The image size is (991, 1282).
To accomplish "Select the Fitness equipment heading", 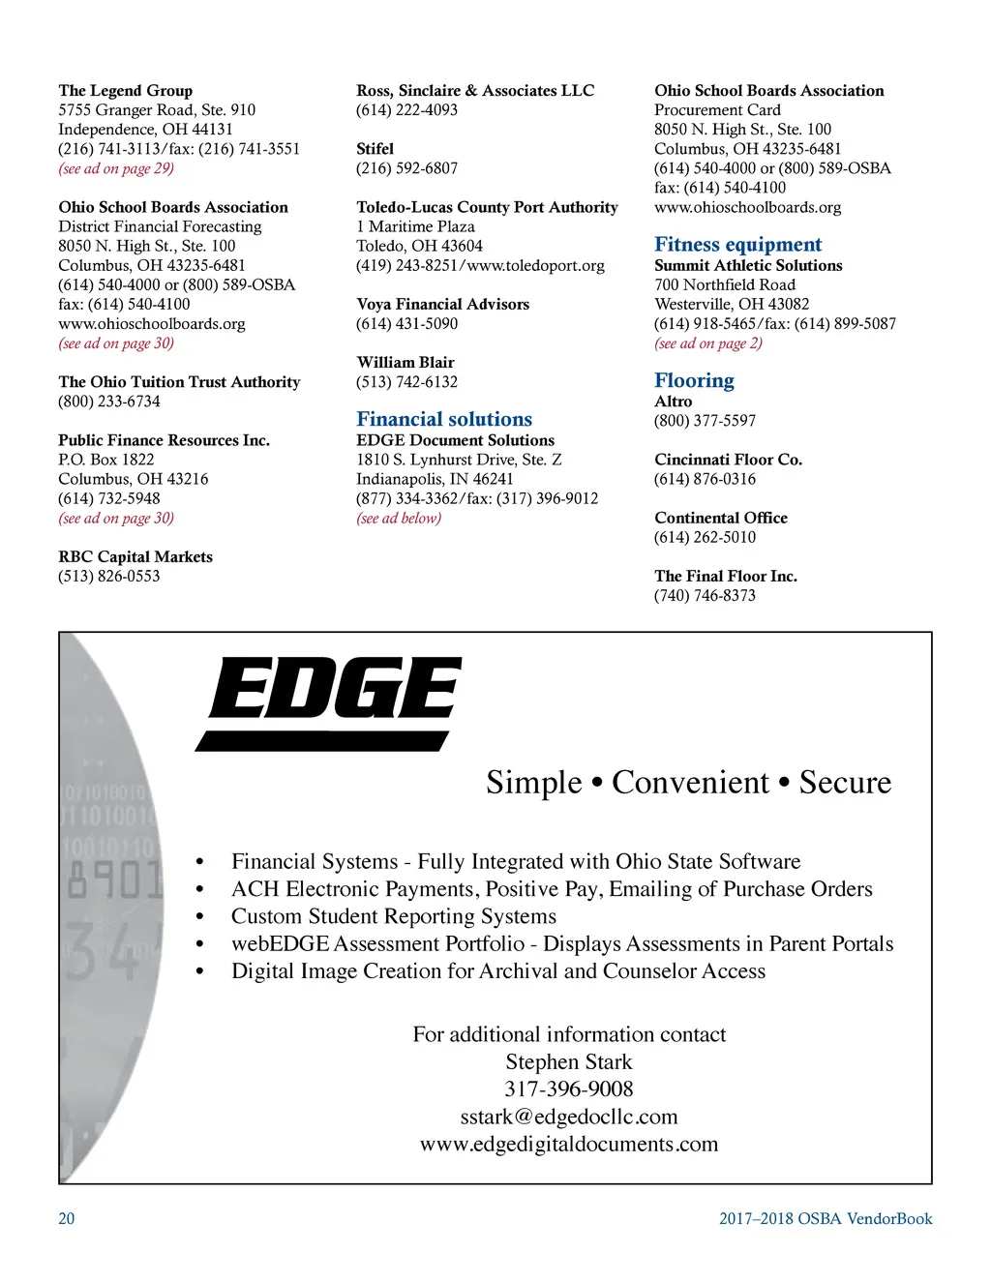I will coord(737,245).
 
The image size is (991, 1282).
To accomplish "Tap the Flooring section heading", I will coord(694,380).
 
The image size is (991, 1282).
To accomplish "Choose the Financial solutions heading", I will coord(444,419).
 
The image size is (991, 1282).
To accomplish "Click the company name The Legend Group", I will coord(125,91).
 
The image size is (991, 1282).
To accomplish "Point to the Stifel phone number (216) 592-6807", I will coord(406,168).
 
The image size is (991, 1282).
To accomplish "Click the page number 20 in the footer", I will coord(66,1219).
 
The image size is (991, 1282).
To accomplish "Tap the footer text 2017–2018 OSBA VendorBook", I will coord(826,1219).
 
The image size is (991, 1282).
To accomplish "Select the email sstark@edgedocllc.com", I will coord(569,1117).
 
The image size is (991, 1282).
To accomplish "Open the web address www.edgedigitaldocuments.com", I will coord(569,1145).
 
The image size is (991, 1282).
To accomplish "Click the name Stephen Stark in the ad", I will coord(569,1062).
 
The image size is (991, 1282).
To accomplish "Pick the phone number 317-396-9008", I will coord(569,1089).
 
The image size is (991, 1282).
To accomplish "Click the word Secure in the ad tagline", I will coord(845,782).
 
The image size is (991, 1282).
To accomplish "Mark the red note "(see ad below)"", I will coord(399,519).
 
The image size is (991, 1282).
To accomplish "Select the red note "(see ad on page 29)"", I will coord(116,168).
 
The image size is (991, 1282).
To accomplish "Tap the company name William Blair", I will coord(405,363).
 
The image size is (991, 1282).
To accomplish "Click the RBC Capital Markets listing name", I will coord(135,557).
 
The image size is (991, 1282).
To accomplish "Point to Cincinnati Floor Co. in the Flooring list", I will coord(728,460).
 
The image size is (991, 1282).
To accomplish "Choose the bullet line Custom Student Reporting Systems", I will coord(394,916).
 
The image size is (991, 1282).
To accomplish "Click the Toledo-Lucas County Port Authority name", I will coord(487,207).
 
